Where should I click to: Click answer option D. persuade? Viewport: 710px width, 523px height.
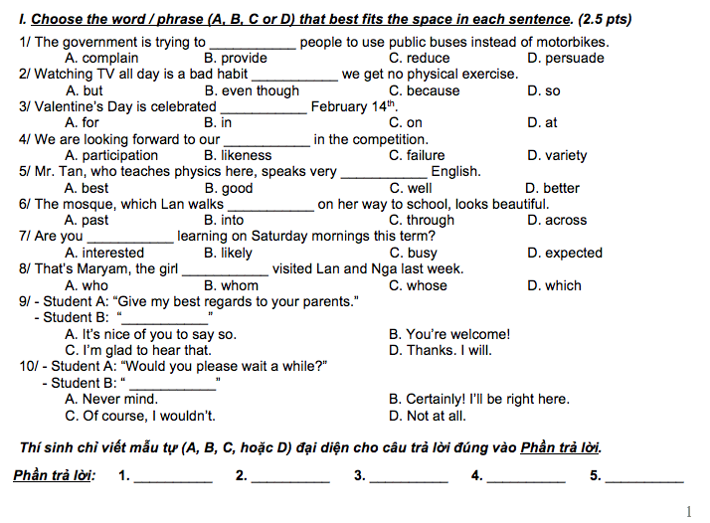pos(566,59)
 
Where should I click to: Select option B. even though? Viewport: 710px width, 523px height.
pos(252,90)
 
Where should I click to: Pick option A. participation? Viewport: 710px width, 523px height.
pos(111,156)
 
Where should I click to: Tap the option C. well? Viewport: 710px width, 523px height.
pos(411,188)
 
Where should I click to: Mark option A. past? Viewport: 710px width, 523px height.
pos(87,221)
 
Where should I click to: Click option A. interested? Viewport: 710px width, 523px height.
pos(104,254)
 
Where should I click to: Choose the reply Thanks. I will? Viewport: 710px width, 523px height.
pos(440,350)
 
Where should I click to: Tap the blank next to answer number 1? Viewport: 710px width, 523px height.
pos(172,477)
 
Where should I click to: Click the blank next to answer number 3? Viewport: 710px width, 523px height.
pos(408,477)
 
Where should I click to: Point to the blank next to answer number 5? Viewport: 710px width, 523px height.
pos(643,477)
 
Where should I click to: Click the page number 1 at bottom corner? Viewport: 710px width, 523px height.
pos(688,511)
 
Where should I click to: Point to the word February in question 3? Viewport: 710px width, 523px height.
pos(342,107)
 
